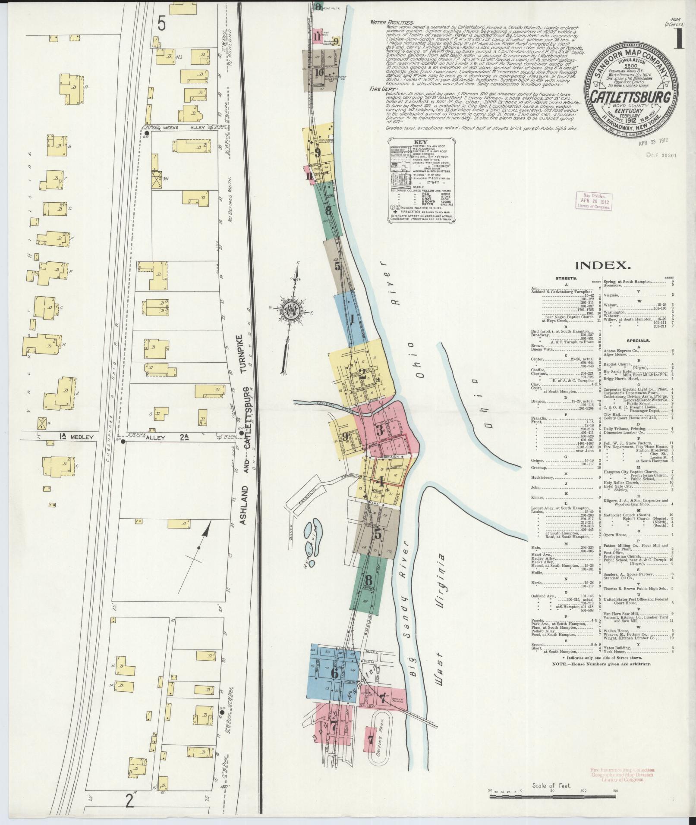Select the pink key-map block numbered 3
[380, 430]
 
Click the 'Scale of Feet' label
[552, 785]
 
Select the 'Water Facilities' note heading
[392, 22]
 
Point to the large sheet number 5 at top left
[161, 23]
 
